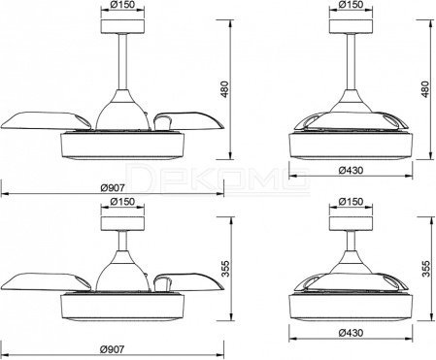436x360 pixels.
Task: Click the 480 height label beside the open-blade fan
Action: (224, 89)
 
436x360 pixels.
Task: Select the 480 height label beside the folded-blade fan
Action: (425, 89)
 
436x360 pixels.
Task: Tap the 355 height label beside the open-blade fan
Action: (224, 269)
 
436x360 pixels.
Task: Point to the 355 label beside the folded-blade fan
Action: (426, 269)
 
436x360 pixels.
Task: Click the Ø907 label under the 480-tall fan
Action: (112, 187)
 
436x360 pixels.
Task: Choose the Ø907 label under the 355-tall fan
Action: (112, 349)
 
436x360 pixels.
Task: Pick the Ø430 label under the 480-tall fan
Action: (352, 170)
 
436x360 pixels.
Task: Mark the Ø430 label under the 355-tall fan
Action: (352, 333)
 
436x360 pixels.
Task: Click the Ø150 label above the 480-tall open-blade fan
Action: (122, 5)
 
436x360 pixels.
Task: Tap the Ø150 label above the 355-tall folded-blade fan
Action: (351, 202)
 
